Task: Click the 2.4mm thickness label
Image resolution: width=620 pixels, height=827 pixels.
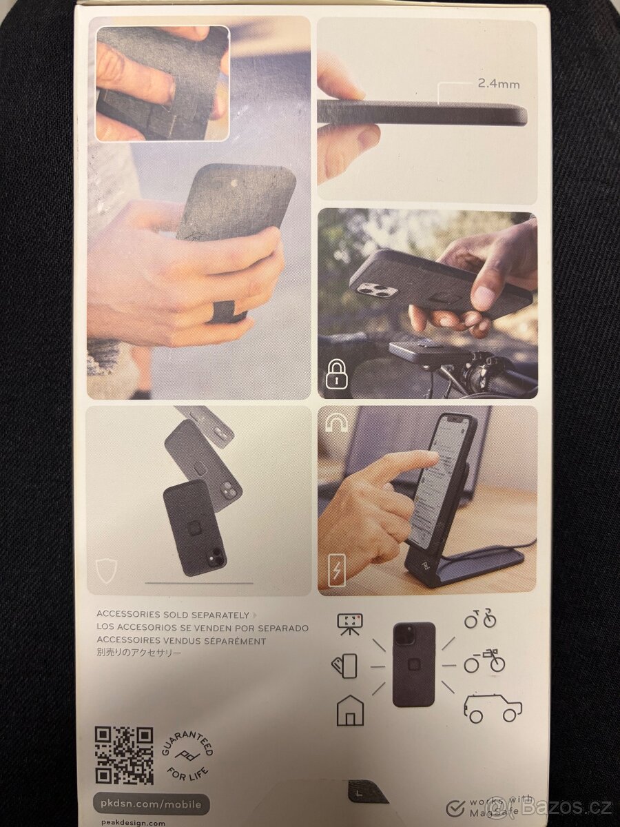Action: (499, 84)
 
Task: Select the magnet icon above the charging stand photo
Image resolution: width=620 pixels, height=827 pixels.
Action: (336, 422)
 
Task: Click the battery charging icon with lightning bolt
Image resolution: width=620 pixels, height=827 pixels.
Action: (336, 569)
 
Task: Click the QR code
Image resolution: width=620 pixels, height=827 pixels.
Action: (124, 755)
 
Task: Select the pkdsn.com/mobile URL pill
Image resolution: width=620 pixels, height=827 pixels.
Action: (150, 804)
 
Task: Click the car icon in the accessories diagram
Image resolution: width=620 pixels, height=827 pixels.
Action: (493, 708)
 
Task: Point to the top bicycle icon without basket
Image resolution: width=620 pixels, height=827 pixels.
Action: (479, 618)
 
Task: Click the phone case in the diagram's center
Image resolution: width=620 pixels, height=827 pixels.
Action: (413, 664)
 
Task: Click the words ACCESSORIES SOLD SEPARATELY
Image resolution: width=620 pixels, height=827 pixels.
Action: (172, 614)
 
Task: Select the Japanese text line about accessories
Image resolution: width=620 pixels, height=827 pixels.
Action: (139, 653)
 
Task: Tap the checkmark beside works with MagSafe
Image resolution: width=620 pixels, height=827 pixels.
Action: (455, 808)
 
